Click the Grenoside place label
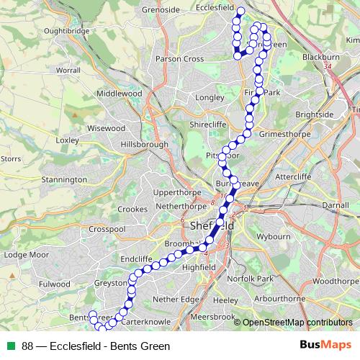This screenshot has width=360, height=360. (161, 10)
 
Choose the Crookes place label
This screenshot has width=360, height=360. (132, 209)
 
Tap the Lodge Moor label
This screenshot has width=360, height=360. (24, 254)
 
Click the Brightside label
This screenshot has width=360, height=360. (314, 114)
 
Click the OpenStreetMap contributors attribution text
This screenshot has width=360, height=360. (297, 323)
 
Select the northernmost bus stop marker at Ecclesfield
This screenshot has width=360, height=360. (241, 10)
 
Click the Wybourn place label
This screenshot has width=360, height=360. (273, 235)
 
